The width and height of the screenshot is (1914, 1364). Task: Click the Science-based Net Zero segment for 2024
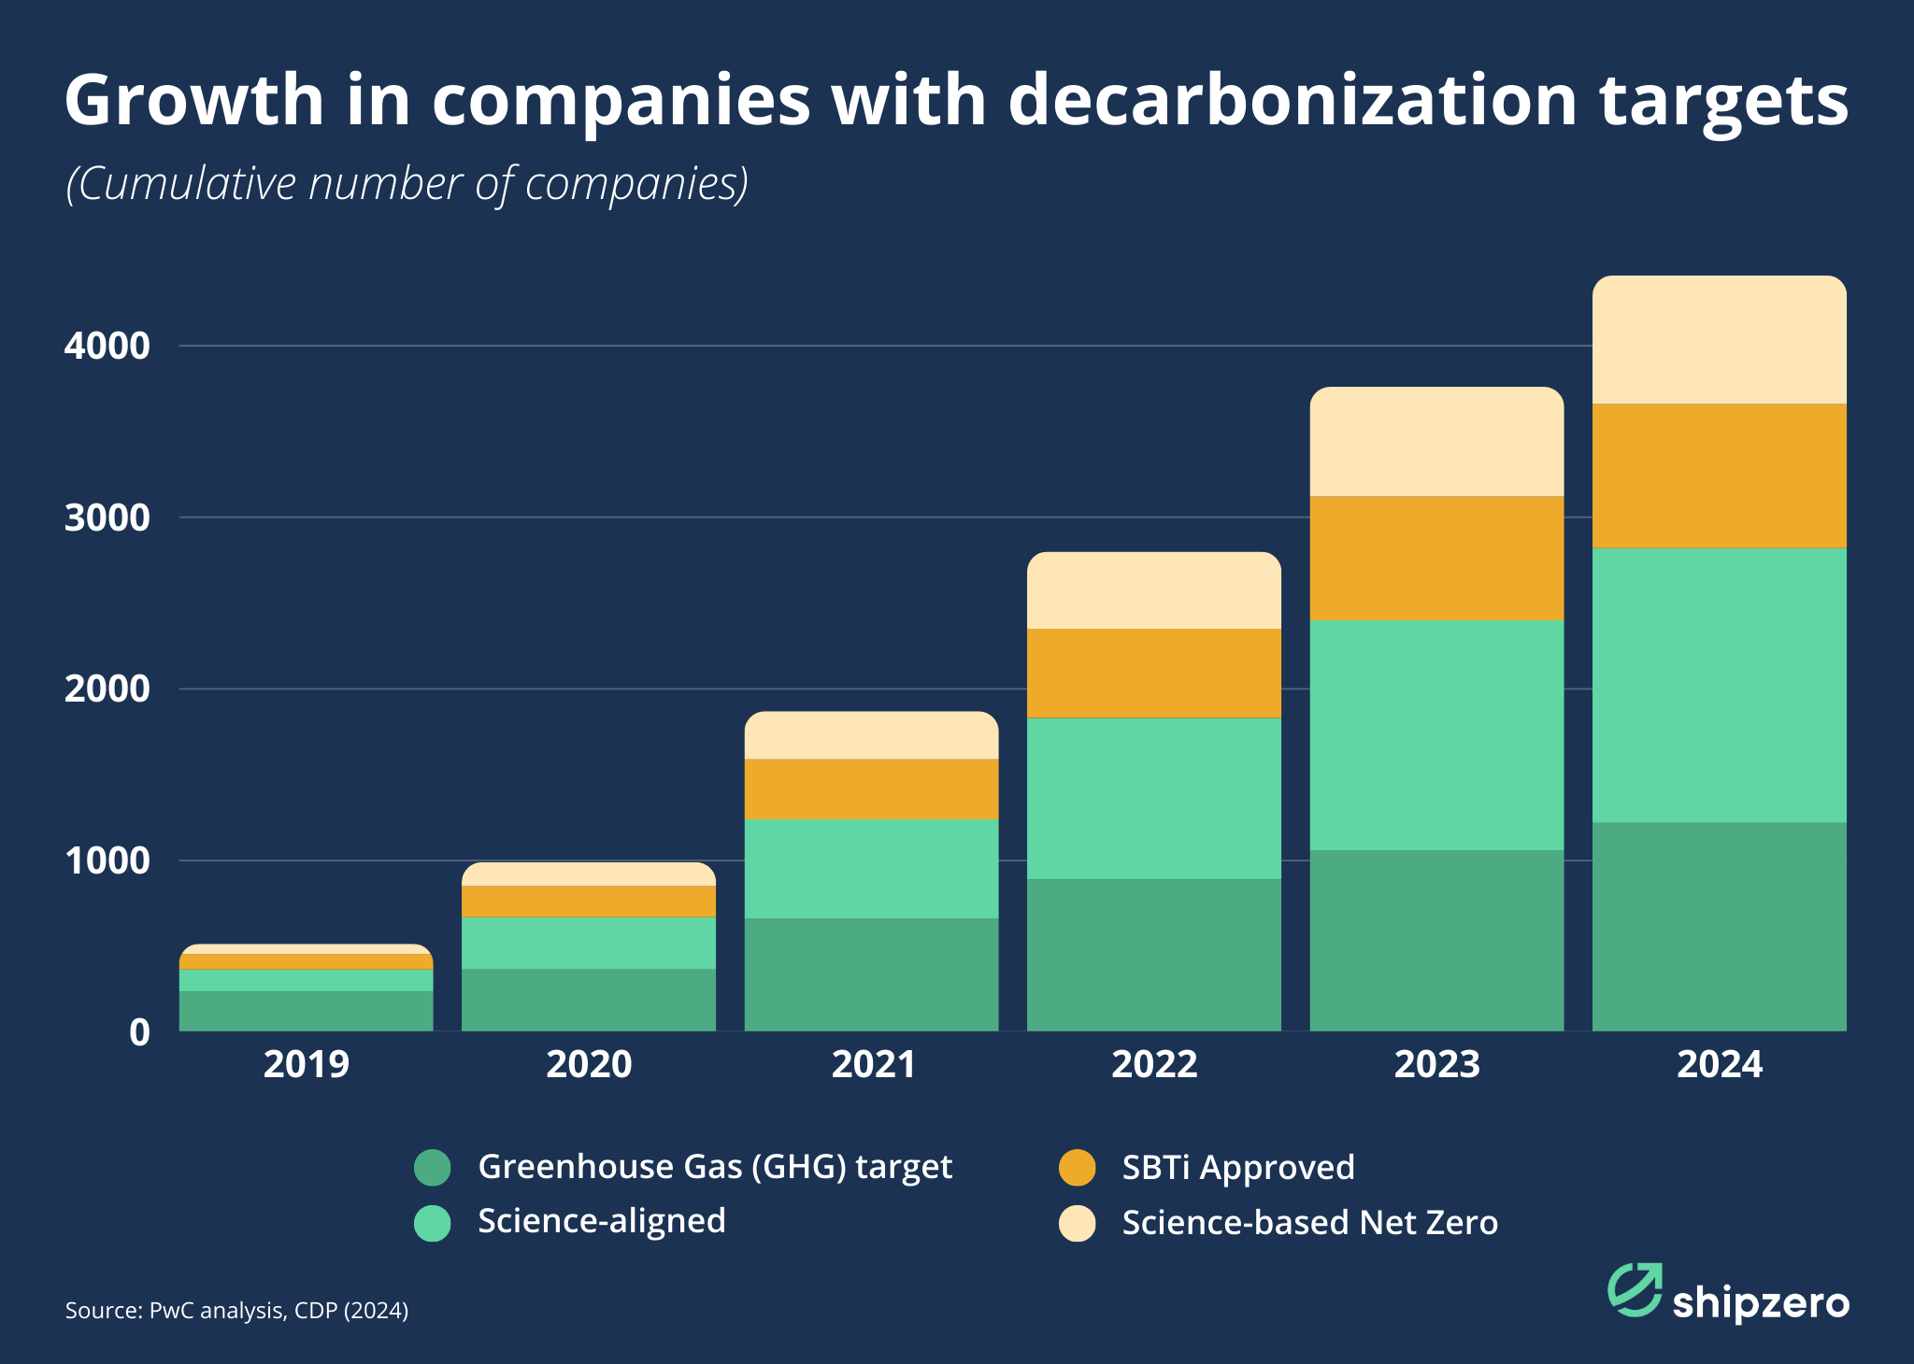coord(1719,340)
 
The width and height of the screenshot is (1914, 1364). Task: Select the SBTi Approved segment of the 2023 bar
coord(1436,558)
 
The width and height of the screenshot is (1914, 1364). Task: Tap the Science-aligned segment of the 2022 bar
coord(1153,799)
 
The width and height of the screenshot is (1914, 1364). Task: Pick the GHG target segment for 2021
coord(871,974)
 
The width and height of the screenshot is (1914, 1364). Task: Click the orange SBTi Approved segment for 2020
coord(589,902)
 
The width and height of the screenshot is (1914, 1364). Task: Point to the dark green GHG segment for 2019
coord(307,1011)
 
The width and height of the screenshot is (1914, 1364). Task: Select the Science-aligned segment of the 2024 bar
coord(1719,685)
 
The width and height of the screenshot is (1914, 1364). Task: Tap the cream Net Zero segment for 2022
coord(1153,590)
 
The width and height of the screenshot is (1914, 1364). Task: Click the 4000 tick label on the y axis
coord(107,347)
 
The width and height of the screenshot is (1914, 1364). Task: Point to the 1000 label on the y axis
coord(107,860)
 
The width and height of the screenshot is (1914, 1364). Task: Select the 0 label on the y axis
coord(139,1032)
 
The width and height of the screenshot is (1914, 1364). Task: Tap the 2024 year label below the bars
coord(1719,1065)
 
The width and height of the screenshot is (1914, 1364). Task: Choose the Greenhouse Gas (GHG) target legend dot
coord(433,1167)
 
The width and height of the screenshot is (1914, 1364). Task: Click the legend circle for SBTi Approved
coord(1077,1168)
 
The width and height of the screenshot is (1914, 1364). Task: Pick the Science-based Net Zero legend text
coord(1309,1223)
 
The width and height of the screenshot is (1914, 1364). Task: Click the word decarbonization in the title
coord(1293,100)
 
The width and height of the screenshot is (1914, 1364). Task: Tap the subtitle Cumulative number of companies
coord(407,184)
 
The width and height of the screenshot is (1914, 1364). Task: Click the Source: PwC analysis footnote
coord(236,1311)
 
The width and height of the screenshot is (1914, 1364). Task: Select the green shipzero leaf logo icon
coord(1634,1289)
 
